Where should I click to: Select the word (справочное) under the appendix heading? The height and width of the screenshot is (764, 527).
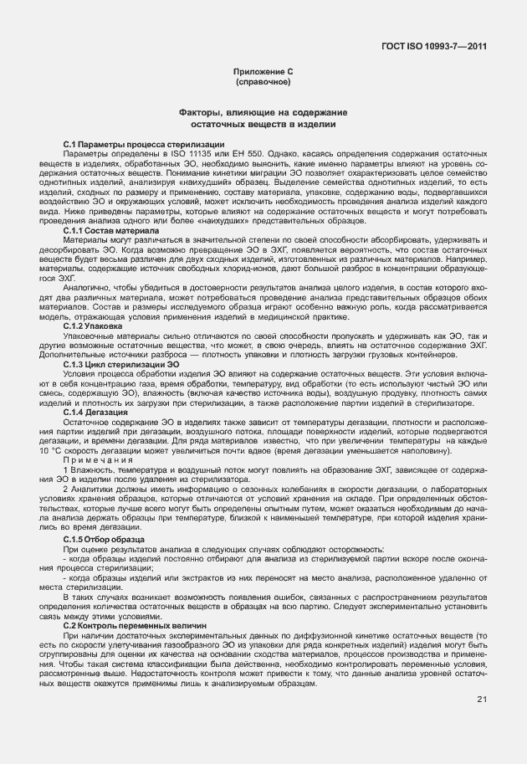(x=263, y=85)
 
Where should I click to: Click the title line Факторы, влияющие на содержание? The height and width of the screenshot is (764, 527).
(x=263, y=112)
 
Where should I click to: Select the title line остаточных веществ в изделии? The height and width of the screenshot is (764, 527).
(x=263, y=124)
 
